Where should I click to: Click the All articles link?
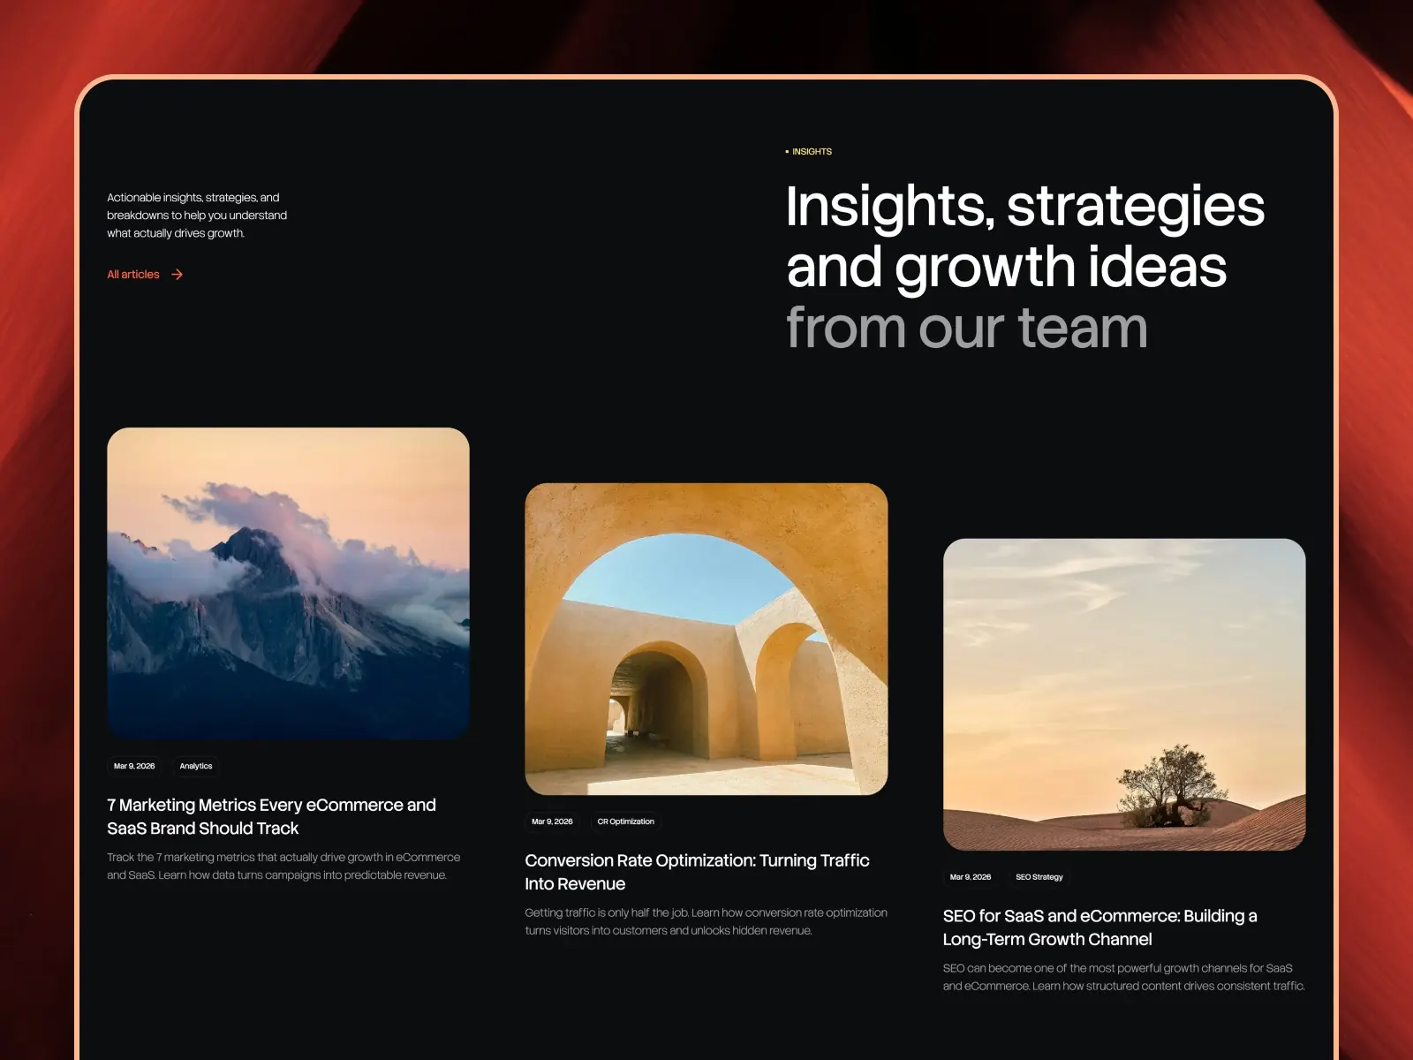[133, 275]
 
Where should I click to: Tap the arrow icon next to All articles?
[178, 275]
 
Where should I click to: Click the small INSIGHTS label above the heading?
[811, 152]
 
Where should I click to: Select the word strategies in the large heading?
[1136, 207]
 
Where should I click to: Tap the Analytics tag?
[196, 766]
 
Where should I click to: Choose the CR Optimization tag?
[625, 821]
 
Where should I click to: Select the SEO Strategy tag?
[1039, 877]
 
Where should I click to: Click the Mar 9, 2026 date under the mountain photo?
[134, 766]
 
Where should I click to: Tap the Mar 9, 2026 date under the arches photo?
[552, 821]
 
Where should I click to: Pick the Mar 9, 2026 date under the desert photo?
[970, 877]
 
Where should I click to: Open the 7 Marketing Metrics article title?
[271, 816]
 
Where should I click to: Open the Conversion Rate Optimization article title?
[697, 872]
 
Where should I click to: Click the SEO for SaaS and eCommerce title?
[1099, 927]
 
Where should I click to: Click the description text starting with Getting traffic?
[706, 921]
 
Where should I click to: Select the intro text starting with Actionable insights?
[197, 216]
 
